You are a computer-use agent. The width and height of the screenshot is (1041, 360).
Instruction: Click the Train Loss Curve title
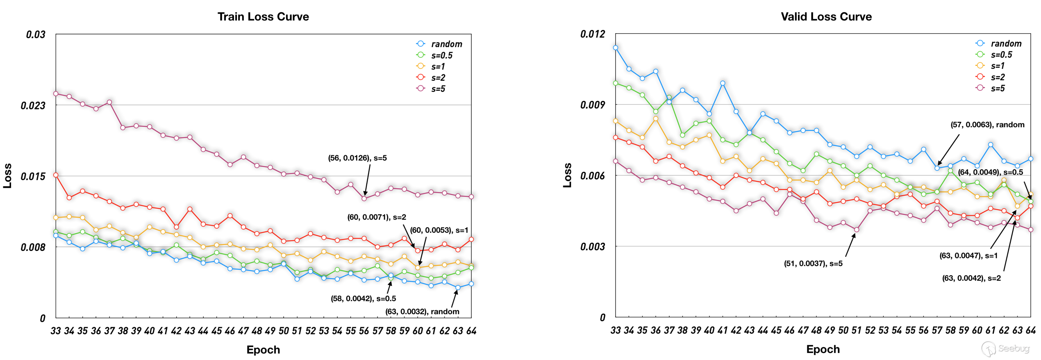[263, 17]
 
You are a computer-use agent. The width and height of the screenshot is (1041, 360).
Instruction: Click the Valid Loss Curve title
[826, 17]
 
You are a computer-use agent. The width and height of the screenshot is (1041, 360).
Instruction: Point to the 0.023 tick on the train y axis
[33, 105]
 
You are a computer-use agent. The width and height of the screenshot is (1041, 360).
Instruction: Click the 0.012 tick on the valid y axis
[593, 34]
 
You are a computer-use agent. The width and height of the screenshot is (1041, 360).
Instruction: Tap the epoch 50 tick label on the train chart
[284, 331]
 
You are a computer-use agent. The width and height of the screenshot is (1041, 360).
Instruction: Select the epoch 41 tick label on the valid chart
[723, 330]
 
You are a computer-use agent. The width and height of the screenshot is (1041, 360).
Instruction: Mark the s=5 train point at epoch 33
[56, 93]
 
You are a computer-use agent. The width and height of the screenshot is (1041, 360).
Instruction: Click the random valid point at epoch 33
[615, 48]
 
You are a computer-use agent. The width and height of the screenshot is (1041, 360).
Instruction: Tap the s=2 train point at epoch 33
[56, 175]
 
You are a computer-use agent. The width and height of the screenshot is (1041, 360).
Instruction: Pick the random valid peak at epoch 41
[723, 83]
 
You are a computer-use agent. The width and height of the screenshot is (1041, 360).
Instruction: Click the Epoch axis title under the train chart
[263, 350]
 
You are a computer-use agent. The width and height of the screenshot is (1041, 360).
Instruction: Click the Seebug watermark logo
[1006, 349]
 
